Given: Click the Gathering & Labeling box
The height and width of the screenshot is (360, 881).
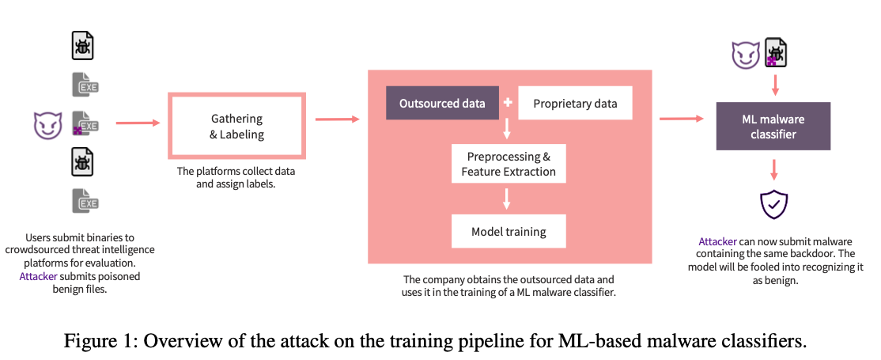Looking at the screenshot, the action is [236, 127].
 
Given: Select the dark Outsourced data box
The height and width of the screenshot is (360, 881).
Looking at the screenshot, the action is [442, 103].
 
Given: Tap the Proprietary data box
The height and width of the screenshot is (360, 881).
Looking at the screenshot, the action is [575, 103].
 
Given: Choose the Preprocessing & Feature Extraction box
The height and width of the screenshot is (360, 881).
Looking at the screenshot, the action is [509, 163].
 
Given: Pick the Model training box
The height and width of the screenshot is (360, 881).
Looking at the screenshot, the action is [509, 231].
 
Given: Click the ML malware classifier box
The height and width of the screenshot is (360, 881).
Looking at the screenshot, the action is [773, 126].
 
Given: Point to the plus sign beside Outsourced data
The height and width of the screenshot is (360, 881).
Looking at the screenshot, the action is [508, 103].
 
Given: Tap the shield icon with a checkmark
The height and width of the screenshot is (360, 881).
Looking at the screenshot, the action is [773, 205].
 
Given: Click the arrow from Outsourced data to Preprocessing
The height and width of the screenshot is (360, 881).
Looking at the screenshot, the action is [507, 130].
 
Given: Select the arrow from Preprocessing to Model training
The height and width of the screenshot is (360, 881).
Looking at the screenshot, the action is [507, 199].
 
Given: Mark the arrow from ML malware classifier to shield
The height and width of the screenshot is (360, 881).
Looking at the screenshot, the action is [773, 169].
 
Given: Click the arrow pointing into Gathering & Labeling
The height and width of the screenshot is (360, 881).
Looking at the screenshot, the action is [138, 123].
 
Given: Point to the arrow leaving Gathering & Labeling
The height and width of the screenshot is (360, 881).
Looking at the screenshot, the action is [337, 119].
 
